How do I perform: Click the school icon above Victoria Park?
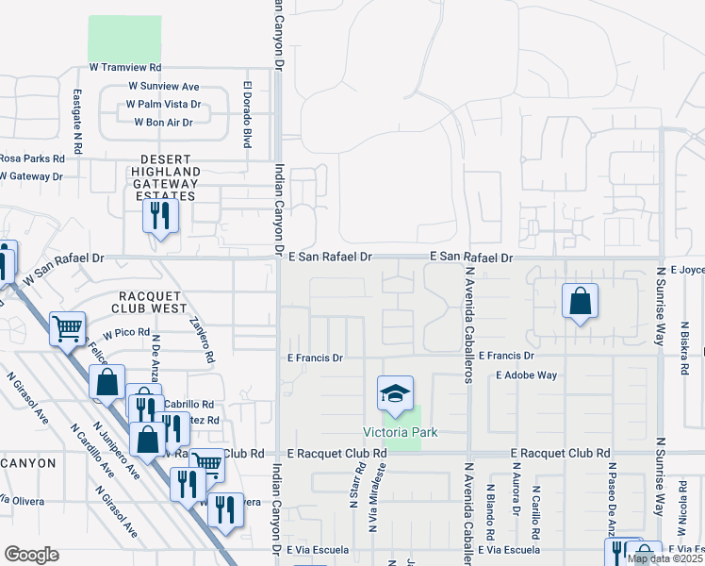pos(396,393)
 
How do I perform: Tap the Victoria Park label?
pos(401,433)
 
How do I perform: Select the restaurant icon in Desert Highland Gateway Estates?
pos(160,216)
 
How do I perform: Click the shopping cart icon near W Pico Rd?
pos(67,328)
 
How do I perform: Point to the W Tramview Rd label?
pos(125,68)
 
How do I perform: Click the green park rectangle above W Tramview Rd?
pos(124,39)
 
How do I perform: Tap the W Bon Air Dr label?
pos(163,123)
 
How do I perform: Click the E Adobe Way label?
pos(527,375)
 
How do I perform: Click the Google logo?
pos(31,554)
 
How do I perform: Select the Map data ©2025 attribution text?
pos(665,558)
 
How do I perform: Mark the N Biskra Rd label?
pos(683,350)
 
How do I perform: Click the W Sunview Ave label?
pos(164,87)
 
